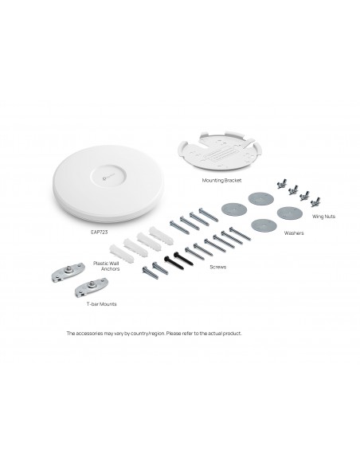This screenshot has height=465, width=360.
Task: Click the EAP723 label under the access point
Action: pyautogui.click(x=99, y=232)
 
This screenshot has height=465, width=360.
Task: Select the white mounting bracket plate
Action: pyautogui.click(x=221, y=150)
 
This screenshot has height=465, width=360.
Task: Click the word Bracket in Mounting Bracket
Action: pyautogui.click(x=233, y=180)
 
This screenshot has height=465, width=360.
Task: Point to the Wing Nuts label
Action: pyautogui.click(x=323, y=217)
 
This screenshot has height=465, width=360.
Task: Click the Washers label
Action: pyautogui.click(x=294, y=233)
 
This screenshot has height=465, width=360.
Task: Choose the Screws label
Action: pyautogui.click(x=218, y=267)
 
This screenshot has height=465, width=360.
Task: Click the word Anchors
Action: pyautogui.click(x=111, y=268)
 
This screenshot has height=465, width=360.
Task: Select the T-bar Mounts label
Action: pyautogui.click(x=101, y=304)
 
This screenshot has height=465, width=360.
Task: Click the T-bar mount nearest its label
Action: pyautogui.click(x=92, y=287)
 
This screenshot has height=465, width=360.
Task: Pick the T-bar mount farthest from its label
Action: pyautogui.click(x=68, y=272)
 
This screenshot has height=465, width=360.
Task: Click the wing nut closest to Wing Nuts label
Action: pyautogui.click(x=315, y=201)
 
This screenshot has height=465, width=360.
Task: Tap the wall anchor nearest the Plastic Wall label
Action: pyautogui.click(x=122, y=253)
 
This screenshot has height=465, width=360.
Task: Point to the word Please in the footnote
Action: pyautogui.click(x=173, y=334)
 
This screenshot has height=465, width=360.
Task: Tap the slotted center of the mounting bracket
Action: pyautogui.click(x=220, y=153)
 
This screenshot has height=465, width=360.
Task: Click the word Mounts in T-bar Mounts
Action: pyautogui.click(x=108, y=304)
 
